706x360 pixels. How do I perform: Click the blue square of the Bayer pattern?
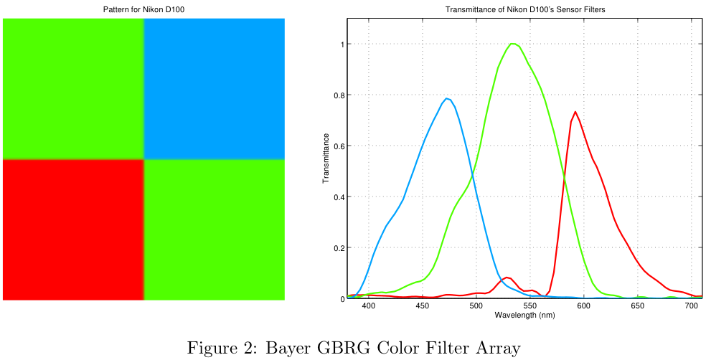tap(215, 88)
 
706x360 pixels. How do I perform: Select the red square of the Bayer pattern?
tap(73, 229)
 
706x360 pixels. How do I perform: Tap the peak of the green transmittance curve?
tap(513, 44)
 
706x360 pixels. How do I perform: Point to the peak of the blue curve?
tap(447, 99)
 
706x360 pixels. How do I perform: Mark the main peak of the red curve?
tap(575, 112)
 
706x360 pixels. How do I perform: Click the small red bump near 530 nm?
tap(507, 278)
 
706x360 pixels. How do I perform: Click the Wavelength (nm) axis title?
tap(525, 315)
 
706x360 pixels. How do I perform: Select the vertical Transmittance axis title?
tap(326, 158)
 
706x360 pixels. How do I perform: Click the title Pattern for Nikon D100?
tap(143, 9)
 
